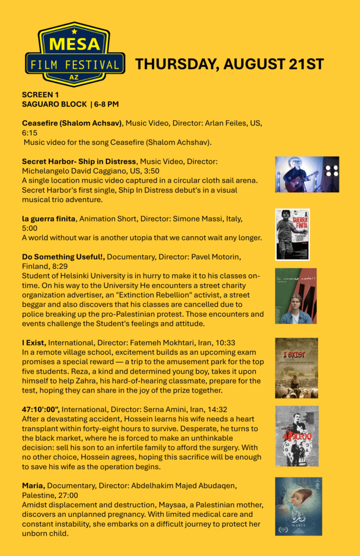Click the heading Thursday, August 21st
pos(229,64)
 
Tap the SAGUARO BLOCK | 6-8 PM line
pos(70,104)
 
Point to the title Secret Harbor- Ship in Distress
pos(79,161)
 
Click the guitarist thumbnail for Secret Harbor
pos(307,174)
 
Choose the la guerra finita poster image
pos(292,234)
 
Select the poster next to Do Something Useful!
pos(295,295)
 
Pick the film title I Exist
pos(34,343)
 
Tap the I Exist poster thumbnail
pos(296,368)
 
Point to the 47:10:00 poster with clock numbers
pos(296,436)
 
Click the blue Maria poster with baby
pos(298,506)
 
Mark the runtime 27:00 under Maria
pos(67,496)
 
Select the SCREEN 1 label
pos(40,94)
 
